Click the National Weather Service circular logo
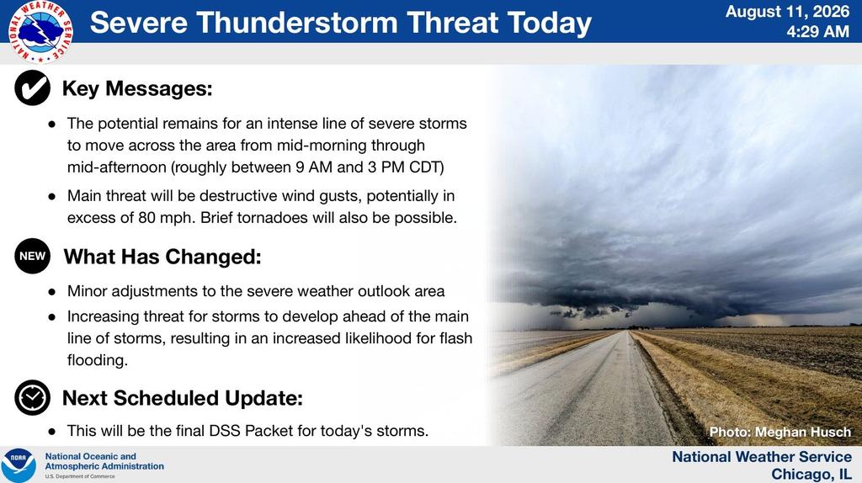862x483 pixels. [x=40, y=31]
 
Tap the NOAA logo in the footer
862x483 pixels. [x=19, y=465]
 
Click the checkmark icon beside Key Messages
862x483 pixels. [x=33, y=88]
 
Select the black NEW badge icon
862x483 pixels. [x=33, y=256]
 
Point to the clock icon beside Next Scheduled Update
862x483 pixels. [x=33, y=397]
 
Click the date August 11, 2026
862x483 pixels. [x=787, y=12]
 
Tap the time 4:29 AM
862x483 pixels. [x=817, y=32]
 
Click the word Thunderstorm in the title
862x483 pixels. [x=297, y=23]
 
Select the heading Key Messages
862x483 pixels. [x=137, y=88]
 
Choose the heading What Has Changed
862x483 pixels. [x=162, y=257]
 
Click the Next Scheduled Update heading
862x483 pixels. [x=183, y=398]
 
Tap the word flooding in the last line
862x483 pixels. [x=98, y=360]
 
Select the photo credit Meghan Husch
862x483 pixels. [x=803, y=433]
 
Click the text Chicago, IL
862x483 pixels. [x=811, y=475]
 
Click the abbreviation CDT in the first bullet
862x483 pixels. [x=427, y=167]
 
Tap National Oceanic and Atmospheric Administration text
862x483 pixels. [x=104, y=461]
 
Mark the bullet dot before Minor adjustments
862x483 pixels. [x=52, y=292]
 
